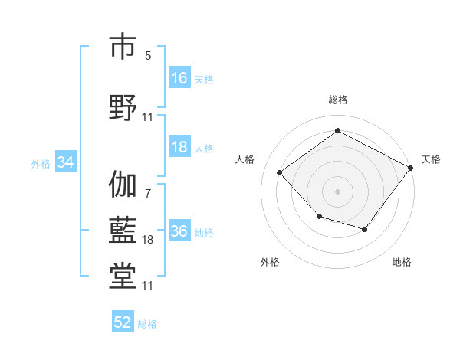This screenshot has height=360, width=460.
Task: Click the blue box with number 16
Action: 179,78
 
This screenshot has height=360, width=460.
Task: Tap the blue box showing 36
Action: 179,231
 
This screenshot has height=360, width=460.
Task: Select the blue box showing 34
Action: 65,162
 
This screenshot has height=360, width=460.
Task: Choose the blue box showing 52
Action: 123,322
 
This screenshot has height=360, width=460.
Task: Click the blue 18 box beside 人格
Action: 179,147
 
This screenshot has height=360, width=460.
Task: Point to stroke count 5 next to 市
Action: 148,56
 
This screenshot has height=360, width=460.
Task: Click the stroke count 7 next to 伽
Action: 148,194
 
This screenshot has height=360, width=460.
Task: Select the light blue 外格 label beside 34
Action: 41,163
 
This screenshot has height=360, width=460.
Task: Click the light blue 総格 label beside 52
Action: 147,324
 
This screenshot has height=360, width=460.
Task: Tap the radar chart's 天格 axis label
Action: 431,159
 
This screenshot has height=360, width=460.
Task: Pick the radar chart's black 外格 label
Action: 270,262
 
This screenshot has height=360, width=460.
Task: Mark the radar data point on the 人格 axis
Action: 280,173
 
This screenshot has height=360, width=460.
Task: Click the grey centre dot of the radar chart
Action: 337,191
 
